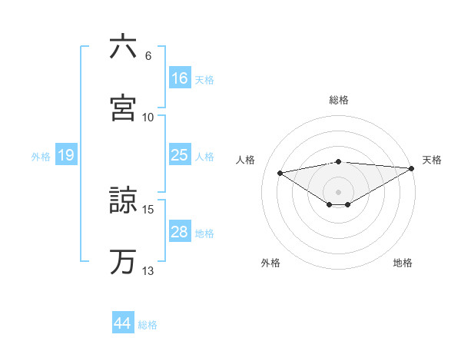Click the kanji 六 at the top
123,48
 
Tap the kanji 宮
123,107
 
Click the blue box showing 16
180,78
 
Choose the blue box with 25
180,155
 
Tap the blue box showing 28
180,232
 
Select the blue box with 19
65,155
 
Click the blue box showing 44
122,323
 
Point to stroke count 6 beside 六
148,56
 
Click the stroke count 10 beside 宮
148,117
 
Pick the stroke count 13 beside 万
148,270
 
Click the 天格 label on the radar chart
432,160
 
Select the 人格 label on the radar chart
247,160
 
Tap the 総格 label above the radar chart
339,100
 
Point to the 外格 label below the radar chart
270,263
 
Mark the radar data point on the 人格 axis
280,172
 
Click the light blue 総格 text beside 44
148,325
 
